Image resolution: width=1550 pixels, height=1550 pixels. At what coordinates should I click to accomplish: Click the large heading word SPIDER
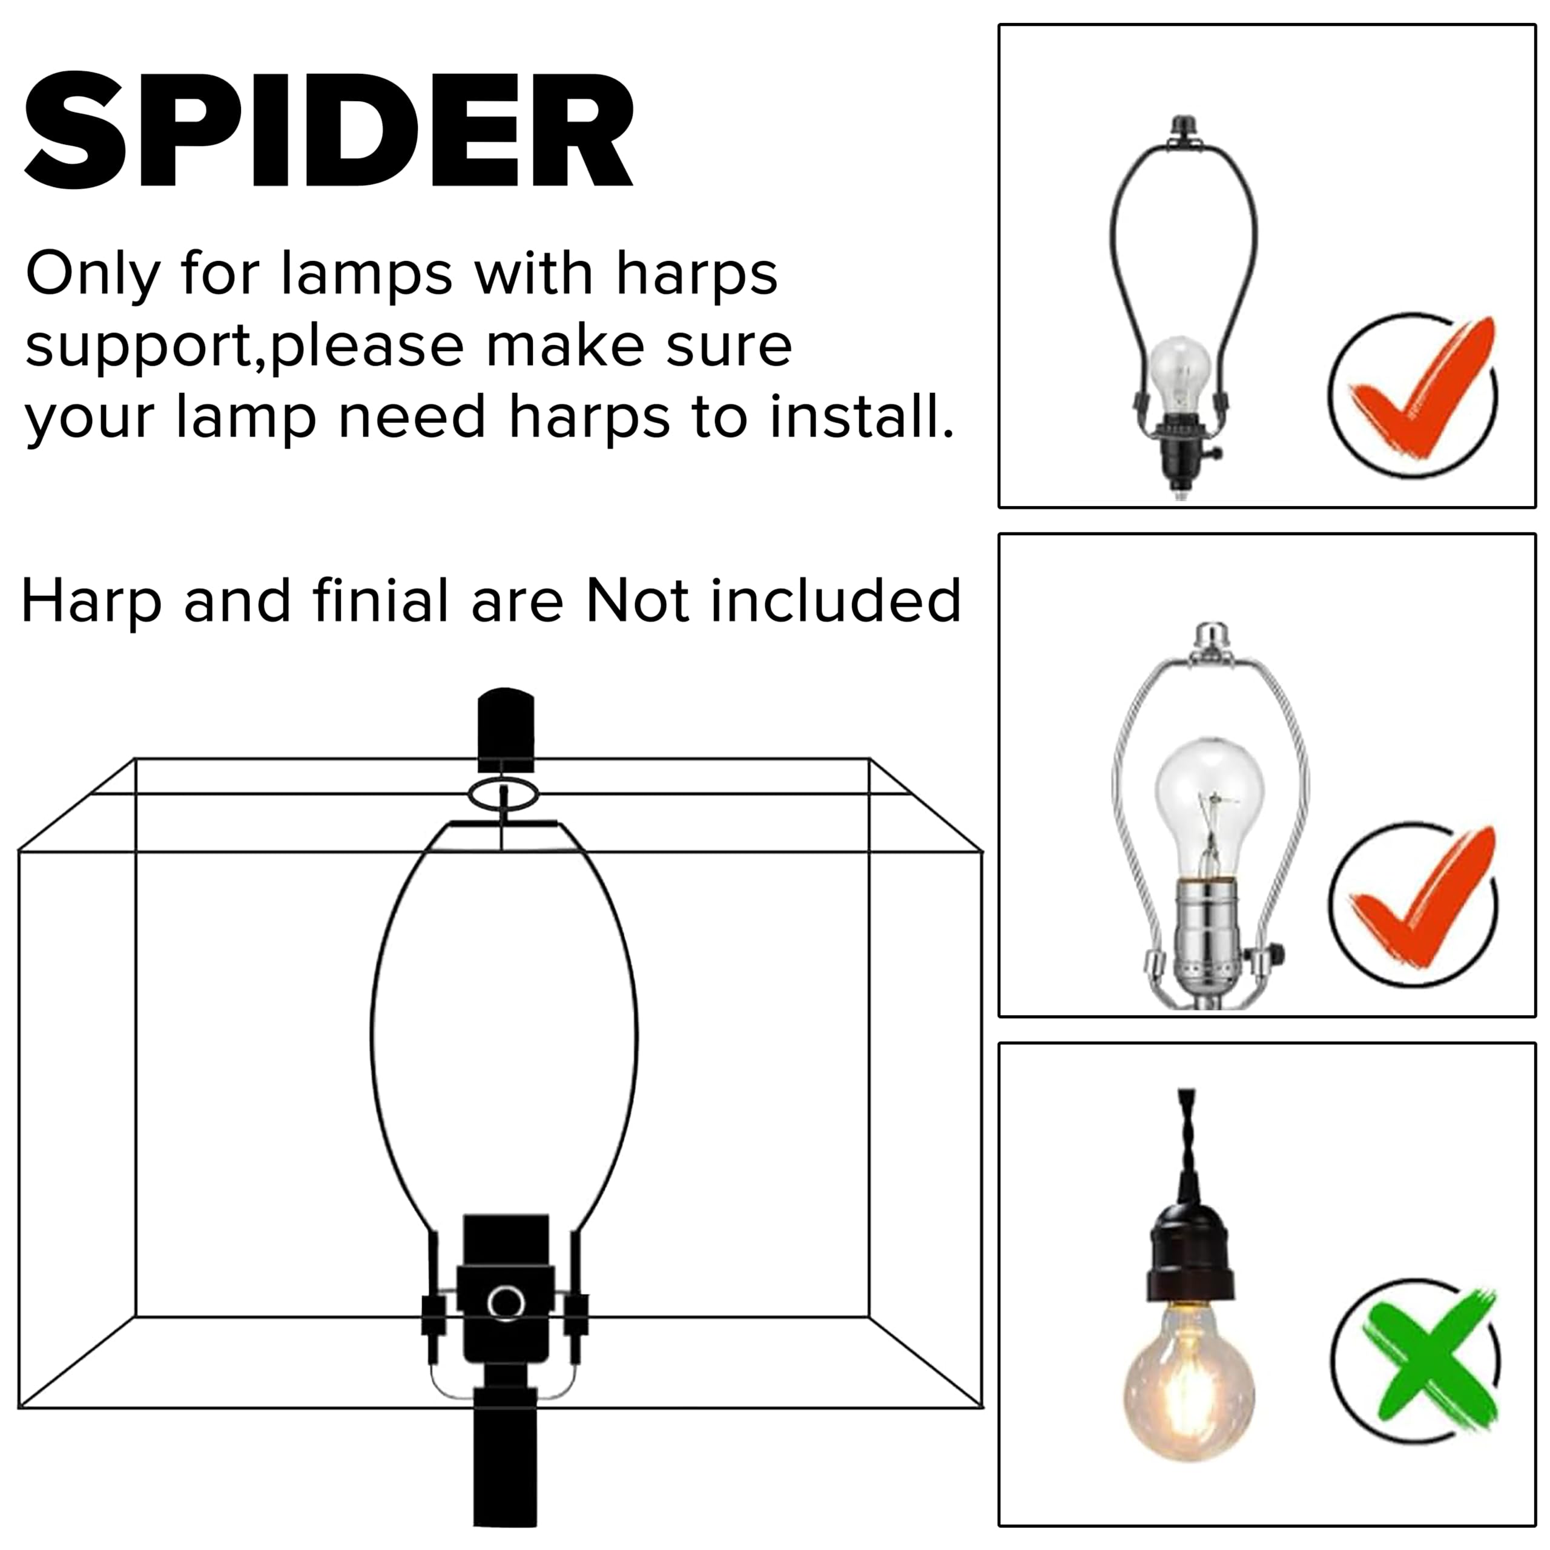pyautogui.click(x=329, y=131)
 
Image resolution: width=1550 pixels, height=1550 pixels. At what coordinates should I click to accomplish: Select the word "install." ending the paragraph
pyautogui.click(x=862, y=417)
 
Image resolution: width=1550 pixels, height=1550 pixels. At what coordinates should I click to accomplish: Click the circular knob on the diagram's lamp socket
pyautogui.click(x=506, y=1304)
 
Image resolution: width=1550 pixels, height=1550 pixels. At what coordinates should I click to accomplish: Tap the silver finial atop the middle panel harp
pyautogui.click(x=1212, y=638)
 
